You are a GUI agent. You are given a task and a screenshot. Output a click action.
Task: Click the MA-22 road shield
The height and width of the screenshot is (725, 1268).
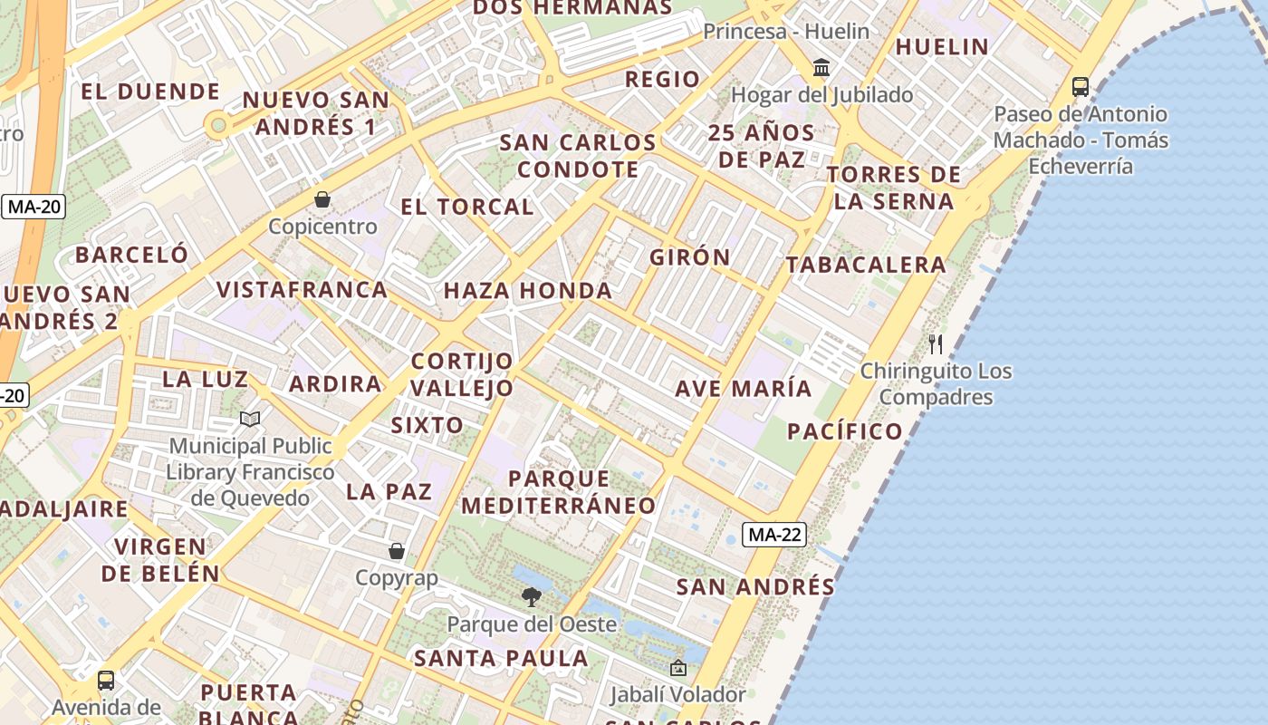(774, 535)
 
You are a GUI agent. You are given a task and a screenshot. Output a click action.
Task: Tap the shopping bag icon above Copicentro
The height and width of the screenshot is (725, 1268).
(322, 199)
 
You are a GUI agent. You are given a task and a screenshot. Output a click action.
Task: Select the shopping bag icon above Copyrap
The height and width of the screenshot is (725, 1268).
(397, 551)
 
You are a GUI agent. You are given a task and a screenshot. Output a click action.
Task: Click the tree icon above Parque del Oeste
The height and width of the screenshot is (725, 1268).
(532, 597)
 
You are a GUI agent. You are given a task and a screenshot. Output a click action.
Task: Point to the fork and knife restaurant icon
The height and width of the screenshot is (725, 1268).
(936, 344)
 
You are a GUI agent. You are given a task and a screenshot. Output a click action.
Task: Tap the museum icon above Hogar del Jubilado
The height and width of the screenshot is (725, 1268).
(821, 67)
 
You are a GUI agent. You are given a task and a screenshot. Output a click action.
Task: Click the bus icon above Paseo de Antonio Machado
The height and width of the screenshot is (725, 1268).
(1080, 87)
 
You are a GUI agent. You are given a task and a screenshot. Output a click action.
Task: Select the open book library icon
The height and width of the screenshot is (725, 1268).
(250, 419)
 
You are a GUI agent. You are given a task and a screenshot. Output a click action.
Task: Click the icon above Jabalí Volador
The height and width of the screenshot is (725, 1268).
(677, 669)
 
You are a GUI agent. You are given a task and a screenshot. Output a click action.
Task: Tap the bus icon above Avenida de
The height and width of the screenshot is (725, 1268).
(106, 680)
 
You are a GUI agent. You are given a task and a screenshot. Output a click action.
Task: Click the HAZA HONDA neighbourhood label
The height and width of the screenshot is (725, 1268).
(528, 291)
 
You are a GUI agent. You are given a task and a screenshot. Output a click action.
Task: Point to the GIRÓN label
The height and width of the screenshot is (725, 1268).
(690, 257)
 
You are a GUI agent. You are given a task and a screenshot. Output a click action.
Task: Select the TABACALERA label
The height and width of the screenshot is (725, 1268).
(866, 265)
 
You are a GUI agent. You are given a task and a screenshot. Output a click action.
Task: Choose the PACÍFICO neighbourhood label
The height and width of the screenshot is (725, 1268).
(845, 431)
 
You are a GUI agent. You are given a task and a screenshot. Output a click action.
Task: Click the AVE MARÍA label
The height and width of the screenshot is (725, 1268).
(744, 389)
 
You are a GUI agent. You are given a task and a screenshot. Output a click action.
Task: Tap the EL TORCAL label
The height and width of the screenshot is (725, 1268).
(467, 207)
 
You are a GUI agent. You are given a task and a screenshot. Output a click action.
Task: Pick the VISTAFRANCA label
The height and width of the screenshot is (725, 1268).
(302, 290)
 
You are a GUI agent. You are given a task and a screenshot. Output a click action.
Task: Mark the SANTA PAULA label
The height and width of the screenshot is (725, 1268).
(501, 658)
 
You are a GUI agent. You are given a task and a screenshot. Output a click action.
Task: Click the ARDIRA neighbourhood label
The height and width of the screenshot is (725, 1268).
(335, 383)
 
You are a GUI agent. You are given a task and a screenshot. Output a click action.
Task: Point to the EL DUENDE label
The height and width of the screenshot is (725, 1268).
(150, 92)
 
